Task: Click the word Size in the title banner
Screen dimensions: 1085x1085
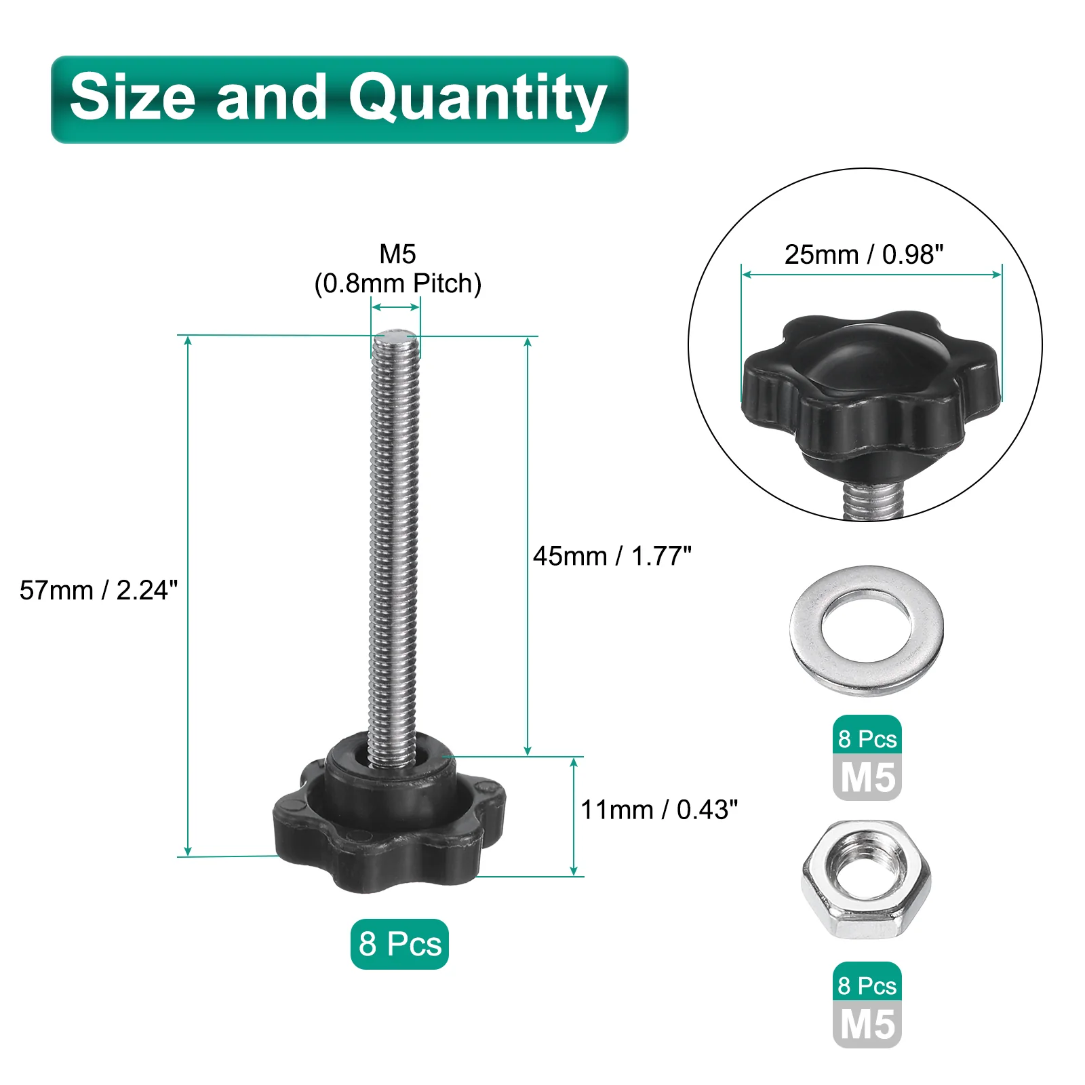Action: [x=133, y=97]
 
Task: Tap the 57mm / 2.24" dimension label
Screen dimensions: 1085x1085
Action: [x=99, y=590]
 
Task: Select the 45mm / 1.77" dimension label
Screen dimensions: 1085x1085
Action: [x=612, y=556]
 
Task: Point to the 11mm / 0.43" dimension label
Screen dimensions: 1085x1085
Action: [x=659, y=810]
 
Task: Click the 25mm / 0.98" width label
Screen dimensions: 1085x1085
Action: [x=864, y=254]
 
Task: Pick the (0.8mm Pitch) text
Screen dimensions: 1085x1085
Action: [x=398, y=283]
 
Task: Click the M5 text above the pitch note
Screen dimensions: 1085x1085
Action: [x=398, y=254]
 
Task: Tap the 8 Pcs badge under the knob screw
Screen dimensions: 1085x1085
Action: [x=399, y=944]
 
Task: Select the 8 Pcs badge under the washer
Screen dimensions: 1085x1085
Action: [x=867, y=738]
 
